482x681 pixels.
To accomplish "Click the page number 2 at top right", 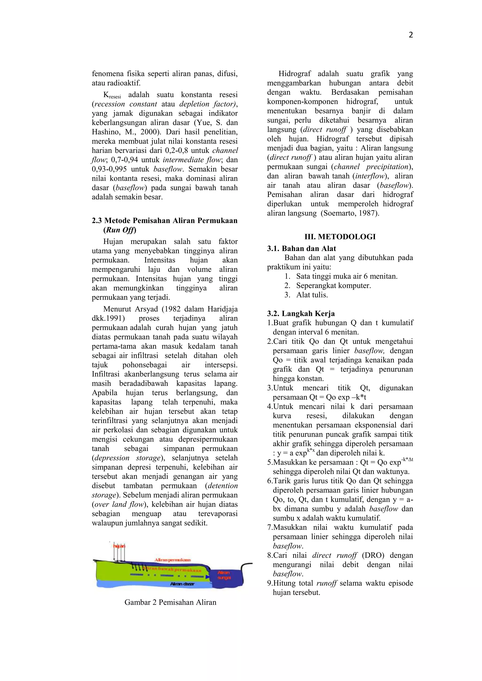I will click(x=411, y=35).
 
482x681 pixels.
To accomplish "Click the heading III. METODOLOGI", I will click(x=340, y=237).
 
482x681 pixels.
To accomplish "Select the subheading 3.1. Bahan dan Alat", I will click(x=301, y=248).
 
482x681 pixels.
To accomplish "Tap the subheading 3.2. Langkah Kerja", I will click(x=301, y=314).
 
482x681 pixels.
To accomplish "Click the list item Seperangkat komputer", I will click(x=333, y=286).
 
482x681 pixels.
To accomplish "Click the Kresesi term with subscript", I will click(x=112, y=95).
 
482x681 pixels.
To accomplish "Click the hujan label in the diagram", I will click(x=119, y=546).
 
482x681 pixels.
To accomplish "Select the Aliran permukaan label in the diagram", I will click(x=172, y=560).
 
